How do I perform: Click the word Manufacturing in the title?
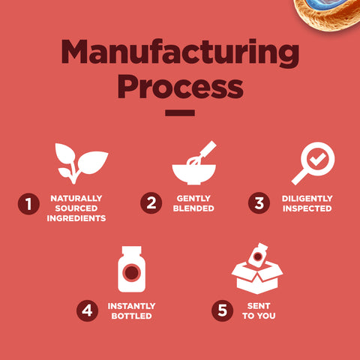click(180, 52)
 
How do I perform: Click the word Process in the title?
click(180, 86)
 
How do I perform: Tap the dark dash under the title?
click(180, 113)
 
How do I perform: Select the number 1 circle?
click(28, 204)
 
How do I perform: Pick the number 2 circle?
click(151, 202)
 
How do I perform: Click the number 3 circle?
click(259, 202)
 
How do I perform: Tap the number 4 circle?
click(87, 310)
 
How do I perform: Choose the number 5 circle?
click(222, 310)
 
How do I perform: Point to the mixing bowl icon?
click(194, 174)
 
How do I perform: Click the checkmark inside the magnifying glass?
click(317, 159)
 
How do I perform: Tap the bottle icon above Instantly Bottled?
click(131, 269)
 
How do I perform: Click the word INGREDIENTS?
click(76, 218)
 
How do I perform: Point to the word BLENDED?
click(193, 208)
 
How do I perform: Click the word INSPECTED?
click(307, 208)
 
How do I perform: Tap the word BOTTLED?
click(131, 316)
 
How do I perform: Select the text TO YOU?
click(259, 316)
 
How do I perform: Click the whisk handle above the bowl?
click(208, 149)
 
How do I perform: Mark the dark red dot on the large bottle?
click(132, 272)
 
